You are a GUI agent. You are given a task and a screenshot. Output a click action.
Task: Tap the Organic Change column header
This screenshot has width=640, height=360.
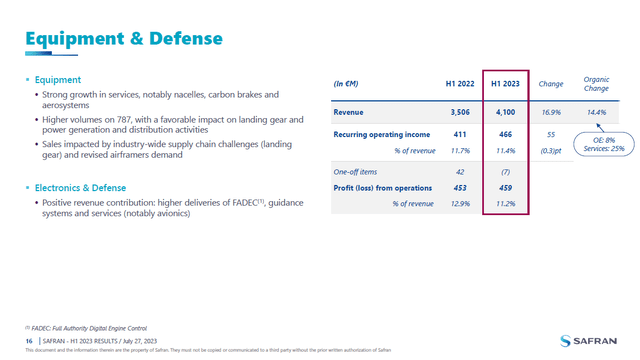(597, 83)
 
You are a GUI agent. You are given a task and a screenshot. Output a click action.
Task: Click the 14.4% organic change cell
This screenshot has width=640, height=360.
(597, 113)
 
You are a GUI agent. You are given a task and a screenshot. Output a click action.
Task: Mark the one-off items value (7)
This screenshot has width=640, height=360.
(506, 172)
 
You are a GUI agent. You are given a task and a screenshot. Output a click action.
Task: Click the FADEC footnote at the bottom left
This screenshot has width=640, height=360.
(85, 327)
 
